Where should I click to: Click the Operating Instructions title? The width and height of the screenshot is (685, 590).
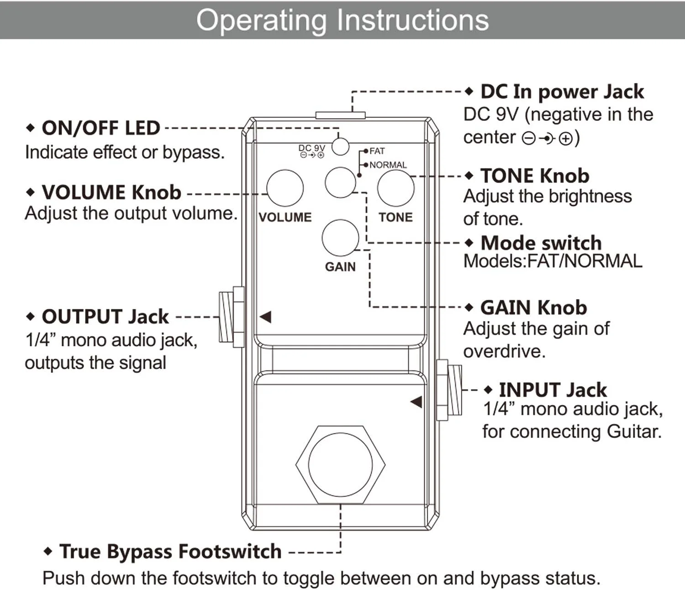pyautogui.click(x=342, y=20)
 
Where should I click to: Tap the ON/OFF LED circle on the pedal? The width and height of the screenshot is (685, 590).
pyautogui.click(x=340, y=146)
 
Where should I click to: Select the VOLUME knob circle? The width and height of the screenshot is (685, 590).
pyautogui.click(x=285, y=188)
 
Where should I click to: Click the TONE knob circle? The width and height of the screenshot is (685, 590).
pyautogui.click(x=395, y=188)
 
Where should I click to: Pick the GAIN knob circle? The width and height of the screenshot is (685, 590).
pyautogui.click(x=340, y=238)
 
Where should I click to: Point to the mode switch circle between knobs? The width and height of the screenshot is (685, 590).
pyautogui.click(x=340, y=182)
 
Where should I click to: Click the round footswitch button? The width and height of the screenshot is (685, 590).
pyautogui.click(x=340, y=465)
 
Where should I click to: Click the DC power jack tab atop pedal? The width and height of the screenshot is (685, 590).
pyautogui.click(x=340, y=115)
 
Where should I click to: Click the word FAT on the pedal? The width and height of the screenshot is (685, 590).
pyautogui.click(x=377, y=151)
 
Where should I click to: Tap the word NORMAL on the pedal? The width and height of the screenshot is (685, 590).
pyautogui.click(x=388, y=165)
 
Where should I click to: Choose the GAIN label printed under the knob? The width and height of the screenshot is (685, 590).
pyautogui.click(x=340, y=266)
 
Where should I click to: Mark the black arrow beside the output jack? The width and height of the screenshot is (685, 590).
pyautogui.click(x=266, y=317)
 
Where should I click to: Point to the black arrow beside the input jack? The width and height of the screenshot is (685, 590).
pyautogui.click(x=416, y=402)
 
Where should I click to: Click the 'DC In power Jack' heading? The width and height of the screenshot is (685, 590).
pyautogui.click(x=562, y=92)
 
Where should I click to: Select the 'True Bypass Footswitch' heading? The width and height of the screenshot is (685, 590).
pyautogui.click(x=170, y=551)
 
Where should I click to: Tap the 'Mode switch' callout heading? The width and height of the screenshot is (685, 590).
pyautogui.click(x=541, y=243)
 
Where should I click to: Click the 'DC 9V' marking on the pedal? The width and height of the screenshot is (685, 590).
pyautogui.click(x=311, y=148)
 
